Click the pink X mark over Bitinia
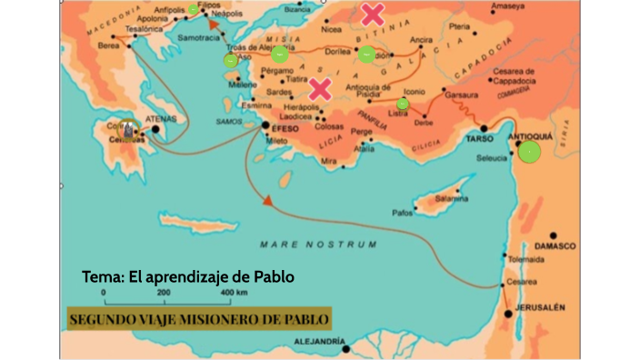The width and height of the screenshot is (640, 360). (372, 15)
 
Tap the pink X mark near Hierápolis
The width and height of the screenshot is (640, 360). (319, 88)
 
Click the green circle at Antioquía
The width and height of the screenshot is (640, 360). (530, 151)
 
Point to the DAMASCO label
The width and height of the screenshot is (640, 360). (555, 245)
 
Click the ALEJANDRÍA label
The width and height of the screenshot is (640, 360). (315, 343)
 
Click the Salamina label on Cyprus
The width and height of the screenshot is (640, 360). (451, 198)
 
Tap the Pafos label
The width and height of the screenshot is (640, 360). (402, 212)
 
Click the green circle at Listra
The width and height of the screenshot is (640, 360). (403, 104)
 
